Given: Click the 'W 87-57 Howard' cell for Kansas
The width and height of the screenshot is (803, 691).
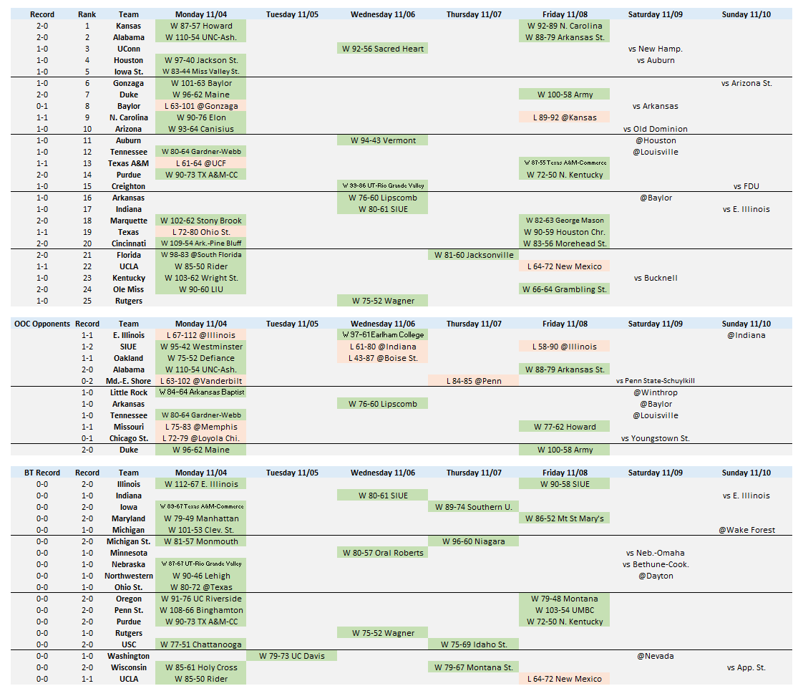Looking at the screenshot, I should click(200, 26).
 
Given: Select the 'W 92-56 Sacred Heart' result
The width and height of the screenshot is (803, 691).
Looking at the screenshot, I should click(383, 49).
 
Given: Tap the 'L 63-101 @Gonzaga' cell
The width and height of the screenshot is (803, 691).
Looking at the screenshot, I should click(200, 106).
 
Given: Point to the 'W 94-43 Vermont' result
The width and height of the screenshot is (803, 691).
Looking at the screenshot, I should click(383, 140).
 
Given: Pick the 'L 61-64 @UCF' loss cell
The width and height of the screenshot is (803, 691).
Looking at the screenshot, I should click(200, 163).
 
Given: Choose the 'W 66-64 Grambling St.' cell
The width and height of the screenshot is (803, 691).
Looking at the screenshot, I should click(565, 289).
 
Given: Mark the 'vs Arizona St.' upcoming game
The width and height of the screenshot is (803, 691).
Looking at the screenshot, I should click(746, 83).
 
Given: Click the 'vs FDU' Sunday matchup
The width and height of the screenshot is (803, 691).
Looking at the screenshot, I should click(746, 186).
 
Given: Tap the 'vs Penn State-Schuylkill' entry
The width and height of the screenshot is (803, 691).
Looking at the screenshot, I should click(655, 381).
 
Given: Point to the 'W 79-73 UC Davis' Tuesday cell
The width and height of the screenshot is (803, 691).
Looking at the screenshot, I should click(291, 656).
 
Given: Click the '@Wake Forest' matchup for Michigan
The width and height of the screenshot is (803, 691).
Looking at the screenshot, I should click(746, 530).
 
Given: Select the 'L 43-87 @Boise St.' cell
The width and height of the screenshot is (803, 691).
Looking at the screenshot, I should click(383, 358).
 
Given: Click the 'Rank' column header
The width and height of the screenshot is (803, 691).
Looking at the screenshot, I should click(87, 14).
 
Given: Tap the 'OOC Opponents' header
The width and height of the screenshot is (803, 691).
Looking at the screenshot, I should click(42, 324).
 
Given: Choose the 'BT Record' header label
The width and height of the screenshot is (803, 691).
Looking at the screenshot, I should click(42, 473).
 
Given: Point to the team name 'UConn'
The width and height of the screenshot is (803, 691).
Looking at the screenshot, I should click(129, 49).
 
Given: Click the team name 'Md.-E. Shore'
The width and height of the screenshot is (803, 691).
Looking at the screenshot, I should click(129, 381).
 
